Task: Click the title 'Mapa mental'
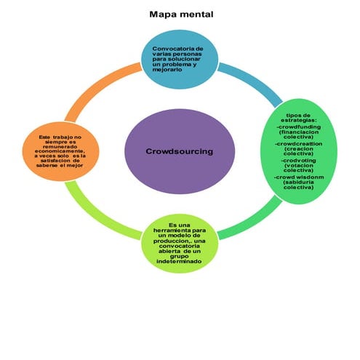pos(181,14)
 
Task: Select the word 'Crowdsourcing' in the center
pos(180,151)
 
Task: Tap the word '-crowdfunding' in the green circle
pos(300,127)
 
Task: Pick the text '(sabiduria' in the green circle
pos(300,183)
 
